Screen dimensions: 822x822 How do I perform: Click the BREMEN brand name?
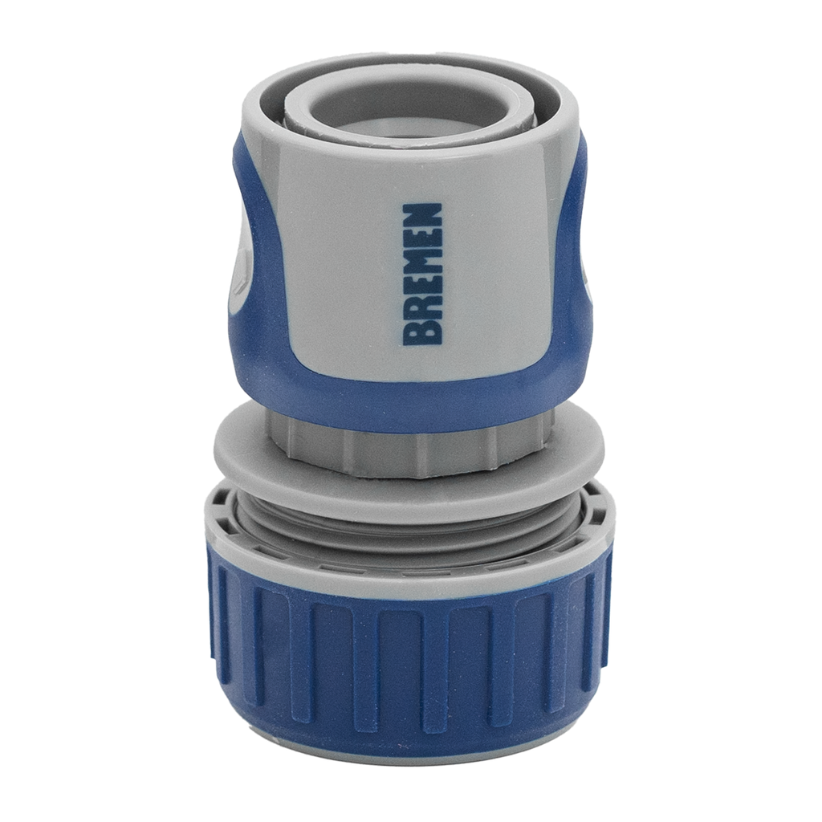422,274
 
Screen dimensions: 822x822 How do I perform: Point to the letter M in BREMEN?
422,262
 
